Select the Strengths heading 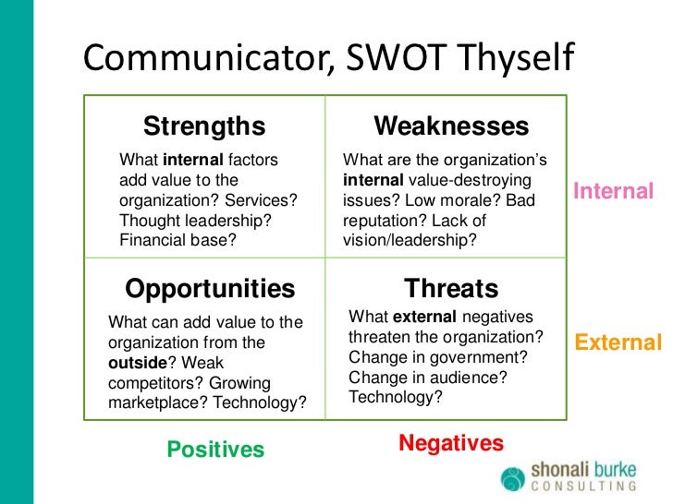coord(203,126)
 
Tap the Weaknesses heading coord(450,126)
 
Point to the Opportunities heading coord(210,289)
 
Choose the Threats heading coord(451,289)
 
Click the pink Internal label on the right coord(613,192)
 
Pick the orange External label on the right coord(618,343)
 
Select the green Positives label coord(215,450)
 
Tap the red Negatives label coord(451,444)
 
